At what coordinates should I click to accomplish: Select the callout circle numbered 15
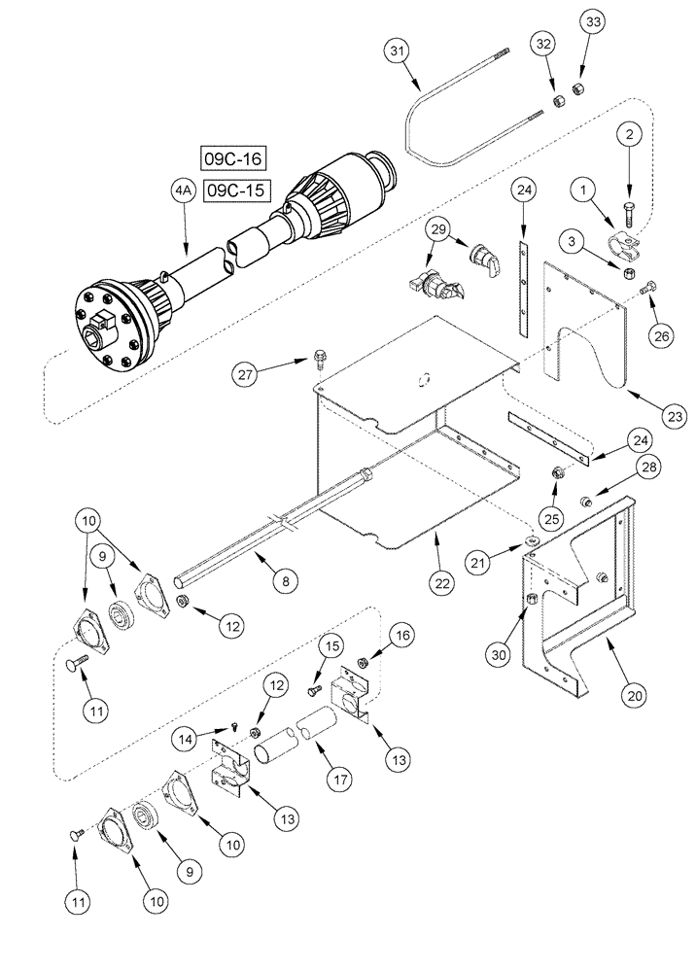click(x=332, y=646)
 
